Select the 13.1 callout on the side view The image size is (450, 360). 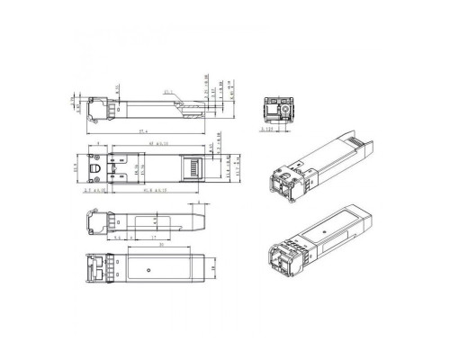(x=168, y=93)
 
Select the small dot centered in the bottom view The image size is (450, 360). (x=146, y=268)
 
